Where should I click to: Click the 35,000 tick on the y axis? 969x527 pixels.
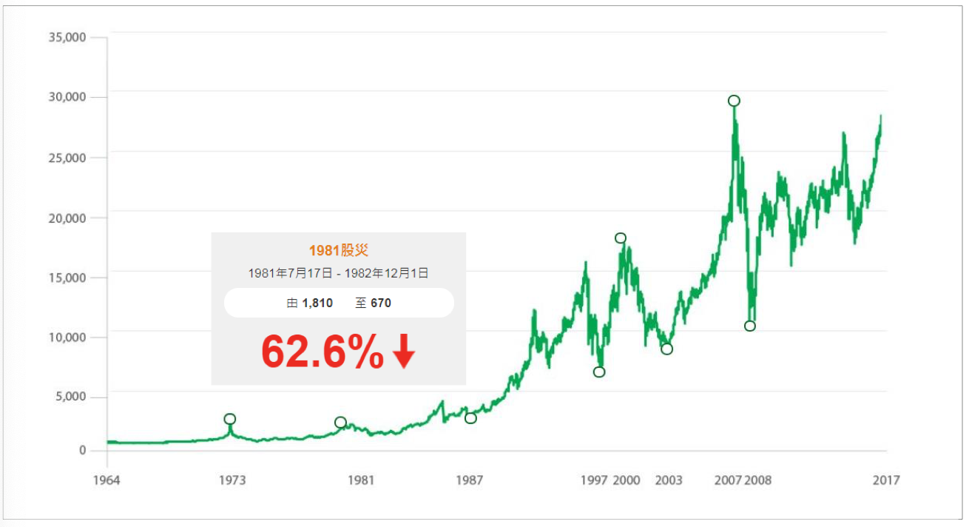(x=66, y=37)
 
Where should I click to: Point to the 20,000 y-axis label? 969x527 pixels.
(x=66, y=218)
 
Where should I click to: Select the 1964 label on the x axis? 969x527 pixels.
(x=107, y=480)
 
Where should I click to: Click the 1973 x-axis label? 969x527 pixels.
(x=232, y=480)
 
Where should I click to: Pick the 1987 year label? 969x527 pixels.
(x=469, y=480)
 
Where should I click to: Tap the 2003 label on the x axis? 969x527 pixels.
(x=669, y=480)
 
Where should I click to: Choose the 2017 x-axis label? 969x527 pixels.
(x=885, y=480)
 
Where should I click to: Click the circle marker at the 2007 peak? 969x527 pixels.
(x=734, y=101)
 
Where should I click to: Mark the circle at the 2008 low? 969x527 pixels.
(x=750, y=326)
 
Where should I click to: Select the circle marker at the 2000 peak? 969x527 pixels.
(x=621, y=238)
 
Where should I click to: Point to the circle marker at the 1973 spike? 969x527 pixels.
(x=230, y=419)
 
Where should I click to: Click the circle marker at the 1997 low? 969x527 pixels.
(x=599, y=372)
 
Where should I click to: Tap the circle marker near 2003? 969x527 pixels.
(x=667, y=349)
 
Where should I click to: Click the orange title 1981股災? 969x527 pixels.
(x=338, y=251)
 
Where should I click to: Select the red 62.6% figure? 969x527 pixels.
(x=323, y=352)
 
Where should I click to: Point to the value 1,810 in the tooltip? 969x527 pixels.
(x=317, y=303)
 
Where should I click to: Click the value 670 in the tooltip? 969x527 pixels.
(x=382, y=303)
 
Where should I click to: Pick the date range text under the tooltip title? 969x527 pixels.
(x=338, y=273)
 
